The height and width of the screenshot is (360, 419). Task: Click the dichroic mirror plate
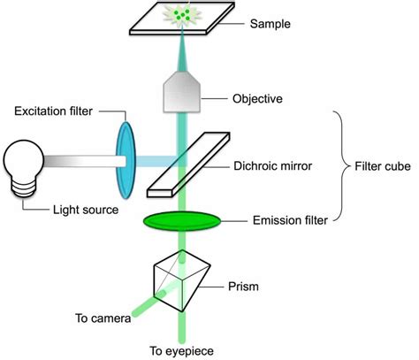coord(186,163)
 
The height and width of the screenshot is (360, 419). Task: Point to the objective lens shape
coord(181,92)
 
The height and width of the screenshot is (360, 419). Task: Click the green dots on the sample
coord(182,15)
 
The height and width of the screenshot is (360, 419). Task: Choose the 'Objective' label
coord(256,98)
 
